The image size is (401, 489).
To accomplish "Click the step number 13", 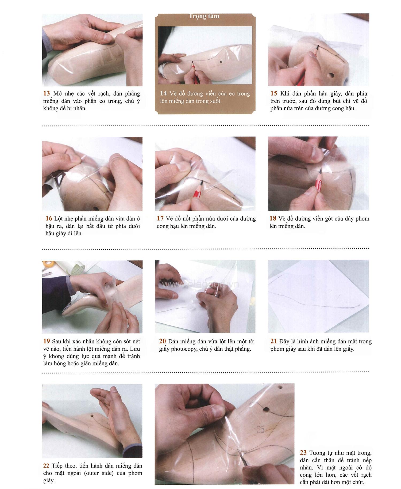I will pos(47,93).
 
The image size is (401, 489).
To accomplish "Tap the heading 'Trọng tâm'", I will pos(204,16).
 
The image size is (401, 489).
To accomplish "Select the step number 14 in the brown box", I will pos(163,93).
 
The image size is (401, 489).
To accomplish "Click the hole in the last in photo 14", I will pos(221,62).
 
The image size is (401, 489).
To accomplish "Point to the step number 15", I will pos(274,93).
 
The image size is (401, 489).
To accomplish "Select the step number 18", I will pos(273,218).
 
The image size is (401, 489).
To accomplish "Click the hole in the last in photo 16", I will pos(95,208).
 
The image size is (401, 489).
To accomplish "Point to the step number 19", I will pos(47,341).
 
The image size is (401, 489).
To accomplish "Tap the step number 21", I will pos(274,341).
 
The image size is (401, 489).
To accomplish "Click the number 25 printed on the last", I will pos(260,430).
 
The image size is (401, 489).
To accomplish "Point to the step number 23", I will pos(303,453).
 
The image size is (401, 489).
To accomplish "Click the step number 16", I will pos(49,218).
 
